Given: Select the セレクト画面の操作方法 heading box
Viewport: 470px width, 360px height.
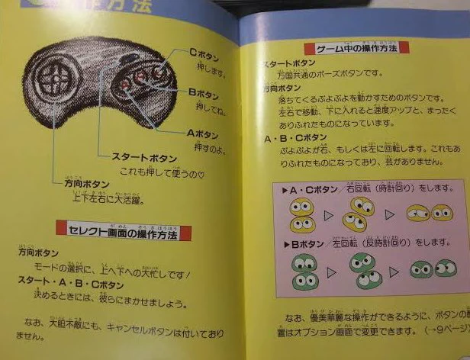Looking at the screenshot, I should pos(124,230).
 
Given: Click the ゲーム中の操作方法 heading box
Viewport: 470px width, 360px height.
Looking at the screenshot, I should pos(356,48).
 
